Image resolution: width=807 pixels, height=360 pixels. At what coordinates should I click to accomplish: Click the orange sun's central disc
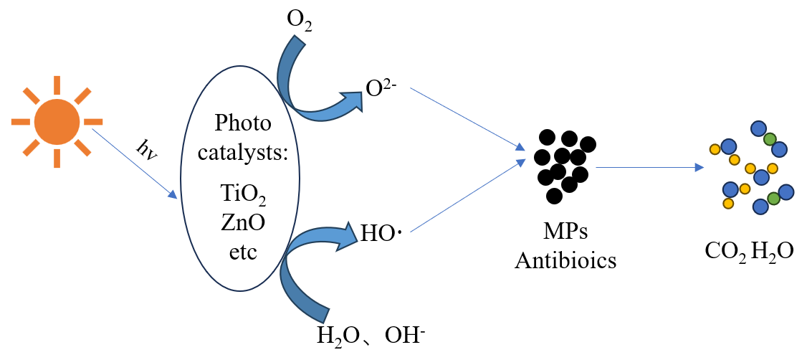tap(57, 121)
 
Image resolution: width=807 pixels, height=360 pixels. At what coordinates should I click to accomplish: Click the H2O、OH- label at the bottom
tap(376, 335)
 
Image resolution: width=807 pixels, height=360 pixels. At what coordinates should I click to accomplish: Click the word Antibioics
tap(565, 260)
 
